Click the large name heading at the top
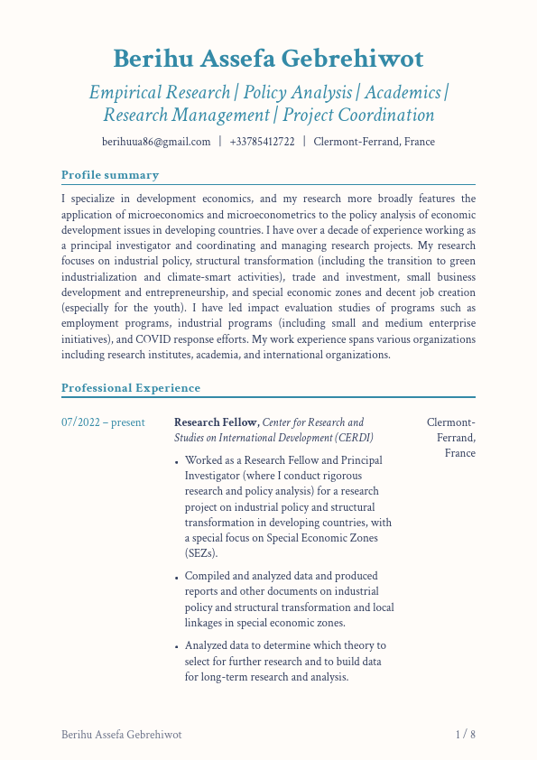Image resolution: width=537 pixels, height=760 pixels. pos(268,60)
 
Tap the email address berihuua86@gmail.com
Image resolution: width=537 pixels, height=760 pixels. pos(156,142)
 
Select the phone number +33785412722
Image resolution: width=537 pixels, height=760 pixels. pos(262,142)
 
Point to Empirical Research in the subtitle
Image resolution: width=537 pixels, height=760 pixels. pos(160,92)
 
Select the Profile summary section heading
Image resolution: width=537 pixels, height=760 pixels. pos(110,175)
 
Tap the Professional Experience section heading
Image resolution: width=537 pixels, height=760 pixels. pos(131,388)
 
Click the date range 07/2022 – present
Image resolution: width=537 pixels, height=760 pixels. pos(103,422)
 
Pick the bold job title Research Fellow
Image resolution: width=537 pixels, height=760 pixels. pos(217,422)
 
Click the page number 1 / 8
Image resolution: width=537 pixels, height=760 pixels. pos(465,735)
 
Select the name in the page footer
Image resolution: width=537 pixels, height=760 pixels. pos(121,735)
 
